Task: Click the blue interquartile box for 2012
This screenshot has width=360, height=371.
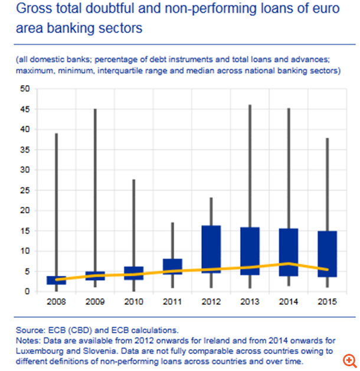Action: pyautogui.click(x=211, y=249)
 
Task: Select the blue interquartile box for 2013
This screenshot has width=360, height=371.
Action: pyautogui.click(x=250, y=250)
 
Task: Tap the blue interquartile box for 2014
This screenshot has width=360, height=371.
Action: pyautogui.click(x=288, y=252)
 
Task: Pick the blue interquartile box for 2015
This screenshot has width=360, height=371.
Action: pyautogui.click(x=326, y=253)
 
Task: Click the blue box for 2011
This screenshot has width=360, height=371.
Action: pyautogui.click(x=172, y=266)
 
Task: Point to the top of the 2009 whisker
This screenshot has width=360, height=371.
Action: pyautogui.click(x=96, y=109)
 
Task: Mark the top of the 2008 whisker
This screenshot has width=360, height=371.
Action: pyautogui.click(x=57, y=134)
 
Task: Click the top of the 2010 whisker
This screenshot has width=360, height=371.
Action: pyautogui.click(x=134, y=180)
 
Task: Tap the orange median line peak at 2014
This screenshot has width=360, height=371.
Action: pyautogui.click(x=288, y=263)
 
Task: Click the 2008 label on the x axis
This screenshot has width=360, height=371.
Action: pyautogui.click(x=57, y=302)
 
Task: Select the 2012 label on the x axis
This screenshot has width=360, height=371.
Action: pyautogui.click(x=211, y=302)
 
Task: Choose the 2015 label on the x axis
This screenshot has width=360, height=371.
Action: pyautogui.click(x=326, y=302)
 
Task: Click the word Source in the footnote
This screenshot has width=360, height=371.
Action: pyautogui.click(x=27, y=330)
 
